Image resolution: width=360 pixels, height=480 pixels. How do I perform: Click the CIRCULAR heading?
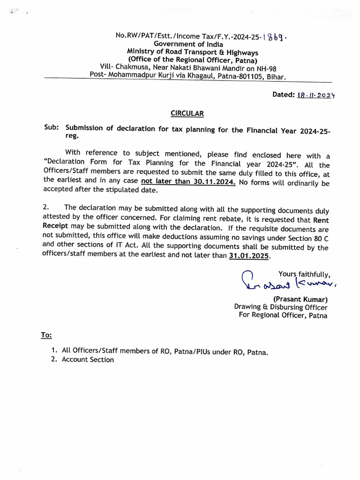click(187, 113)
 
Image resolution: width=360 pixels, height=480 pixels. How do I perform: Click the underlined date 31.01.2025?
click(249, 256)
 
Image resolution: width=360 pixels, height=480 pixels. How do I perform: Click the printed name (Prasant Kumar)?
click(300, 299)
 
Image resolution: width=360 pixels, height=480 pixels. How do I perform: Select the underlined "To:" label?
click(46, 335)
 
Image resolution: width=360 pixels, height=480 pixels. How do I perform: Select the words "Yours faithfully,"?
click(305, 274)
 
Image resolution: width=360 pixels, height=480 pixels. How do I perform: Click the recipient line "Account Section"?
click(88, 360)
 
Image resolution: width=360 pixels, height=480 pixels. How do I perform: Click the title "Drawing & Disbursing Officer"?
click(281, 307)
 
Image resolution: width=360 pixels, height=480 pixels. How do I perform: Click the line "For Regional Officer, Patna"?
click(283, 315)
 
